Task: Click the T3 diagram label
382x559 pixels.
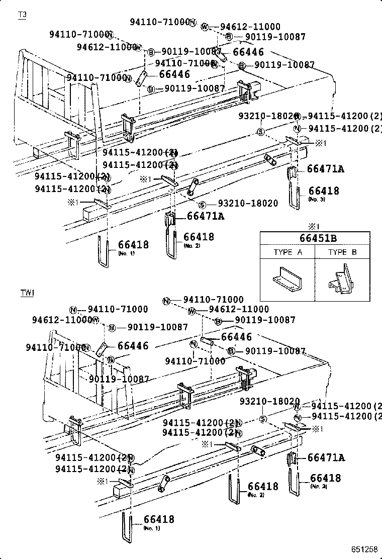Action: click(x=22, y=15)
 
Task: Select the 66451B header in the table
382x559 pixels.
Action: click(x=315, y=238)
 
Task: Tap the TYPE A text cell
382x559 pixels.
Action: click(x=288, y=252)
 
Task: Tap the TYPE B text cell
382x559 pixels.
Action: click(x=342, y=252)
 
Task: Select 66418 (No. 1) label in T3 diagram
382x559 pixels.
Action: click(x=133, y=245)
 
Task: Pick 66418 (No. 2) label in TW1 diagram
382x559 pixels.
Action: click(x=262, y=487)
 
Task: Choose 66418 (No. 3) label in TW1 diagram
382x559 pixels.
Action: click(x=325, y=479)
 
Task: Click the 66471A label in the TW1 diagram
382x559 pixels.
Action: click(x=326, y=457)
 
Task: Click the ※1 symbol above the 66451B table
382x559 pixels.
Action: click(x=314, y=225)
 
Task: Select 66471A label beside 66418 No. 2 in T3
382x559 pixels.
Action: click(x=205, y=216)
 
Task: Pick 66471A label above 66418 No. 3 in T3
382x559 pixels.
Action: click(x=325, y=169)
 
